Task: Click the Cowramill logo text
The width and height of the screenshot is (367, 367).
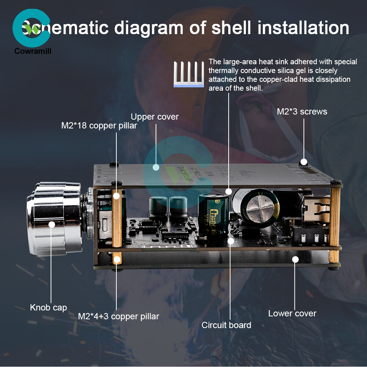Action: click(x=33, y=51)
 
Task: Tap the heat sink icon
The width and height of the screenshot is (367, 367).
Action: click(x=189, y=75)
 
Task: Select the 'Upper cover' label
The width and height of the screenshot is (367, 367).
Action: click(x=155, y=117)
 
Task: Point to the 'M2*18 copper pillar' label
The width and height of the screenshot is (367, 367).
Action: click(x=99, y=126)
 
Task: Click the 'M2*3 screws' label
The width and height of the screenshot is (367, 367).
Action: click(x=302, y=112)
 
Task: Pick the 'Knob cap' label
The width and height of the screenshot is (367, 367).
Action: click(x=48, y=307)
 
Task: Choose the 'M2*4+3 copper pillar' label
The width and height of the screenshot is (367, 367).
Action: click(x=119, y=316)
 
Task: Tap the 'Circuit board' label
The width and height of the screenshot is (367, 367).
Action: click(x=226, y=325)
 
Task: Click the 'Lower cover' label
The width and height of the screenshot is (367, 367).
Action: click(x=292, y=313)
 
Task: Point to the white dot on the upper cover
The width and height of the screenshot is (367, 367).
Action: click(x=156, y=167)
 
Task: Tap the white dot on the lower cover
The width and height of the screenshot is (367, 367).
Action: click(x=295, y=259)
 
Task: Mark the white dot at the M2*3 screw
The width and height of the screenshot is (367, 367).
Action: click(x=304, y=161)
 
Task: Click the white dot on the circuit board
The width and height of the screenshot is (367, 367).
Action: click(x=230, y=241)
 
